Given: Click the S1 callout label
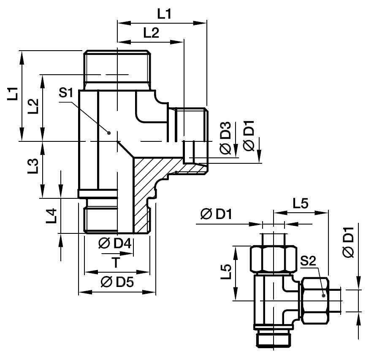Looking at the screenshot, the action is (66, 93).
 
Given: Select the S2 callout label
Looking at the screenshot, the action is (308, 261).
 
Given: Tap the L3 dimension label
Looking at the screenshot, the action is (33, 166).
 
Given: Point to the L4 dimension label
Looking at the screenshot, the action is (51, 216).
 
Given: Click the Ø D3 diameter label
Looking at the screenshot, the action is (225, 138).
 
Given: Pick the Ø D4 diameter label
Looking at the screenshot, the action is (115, 244).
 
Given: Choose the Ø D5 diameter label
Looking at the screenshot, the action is (117, 282).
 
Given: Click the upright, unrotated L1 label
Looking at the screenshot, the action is (165, 14).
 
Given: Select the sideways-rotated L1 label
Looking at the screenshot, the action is (13, 94).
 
